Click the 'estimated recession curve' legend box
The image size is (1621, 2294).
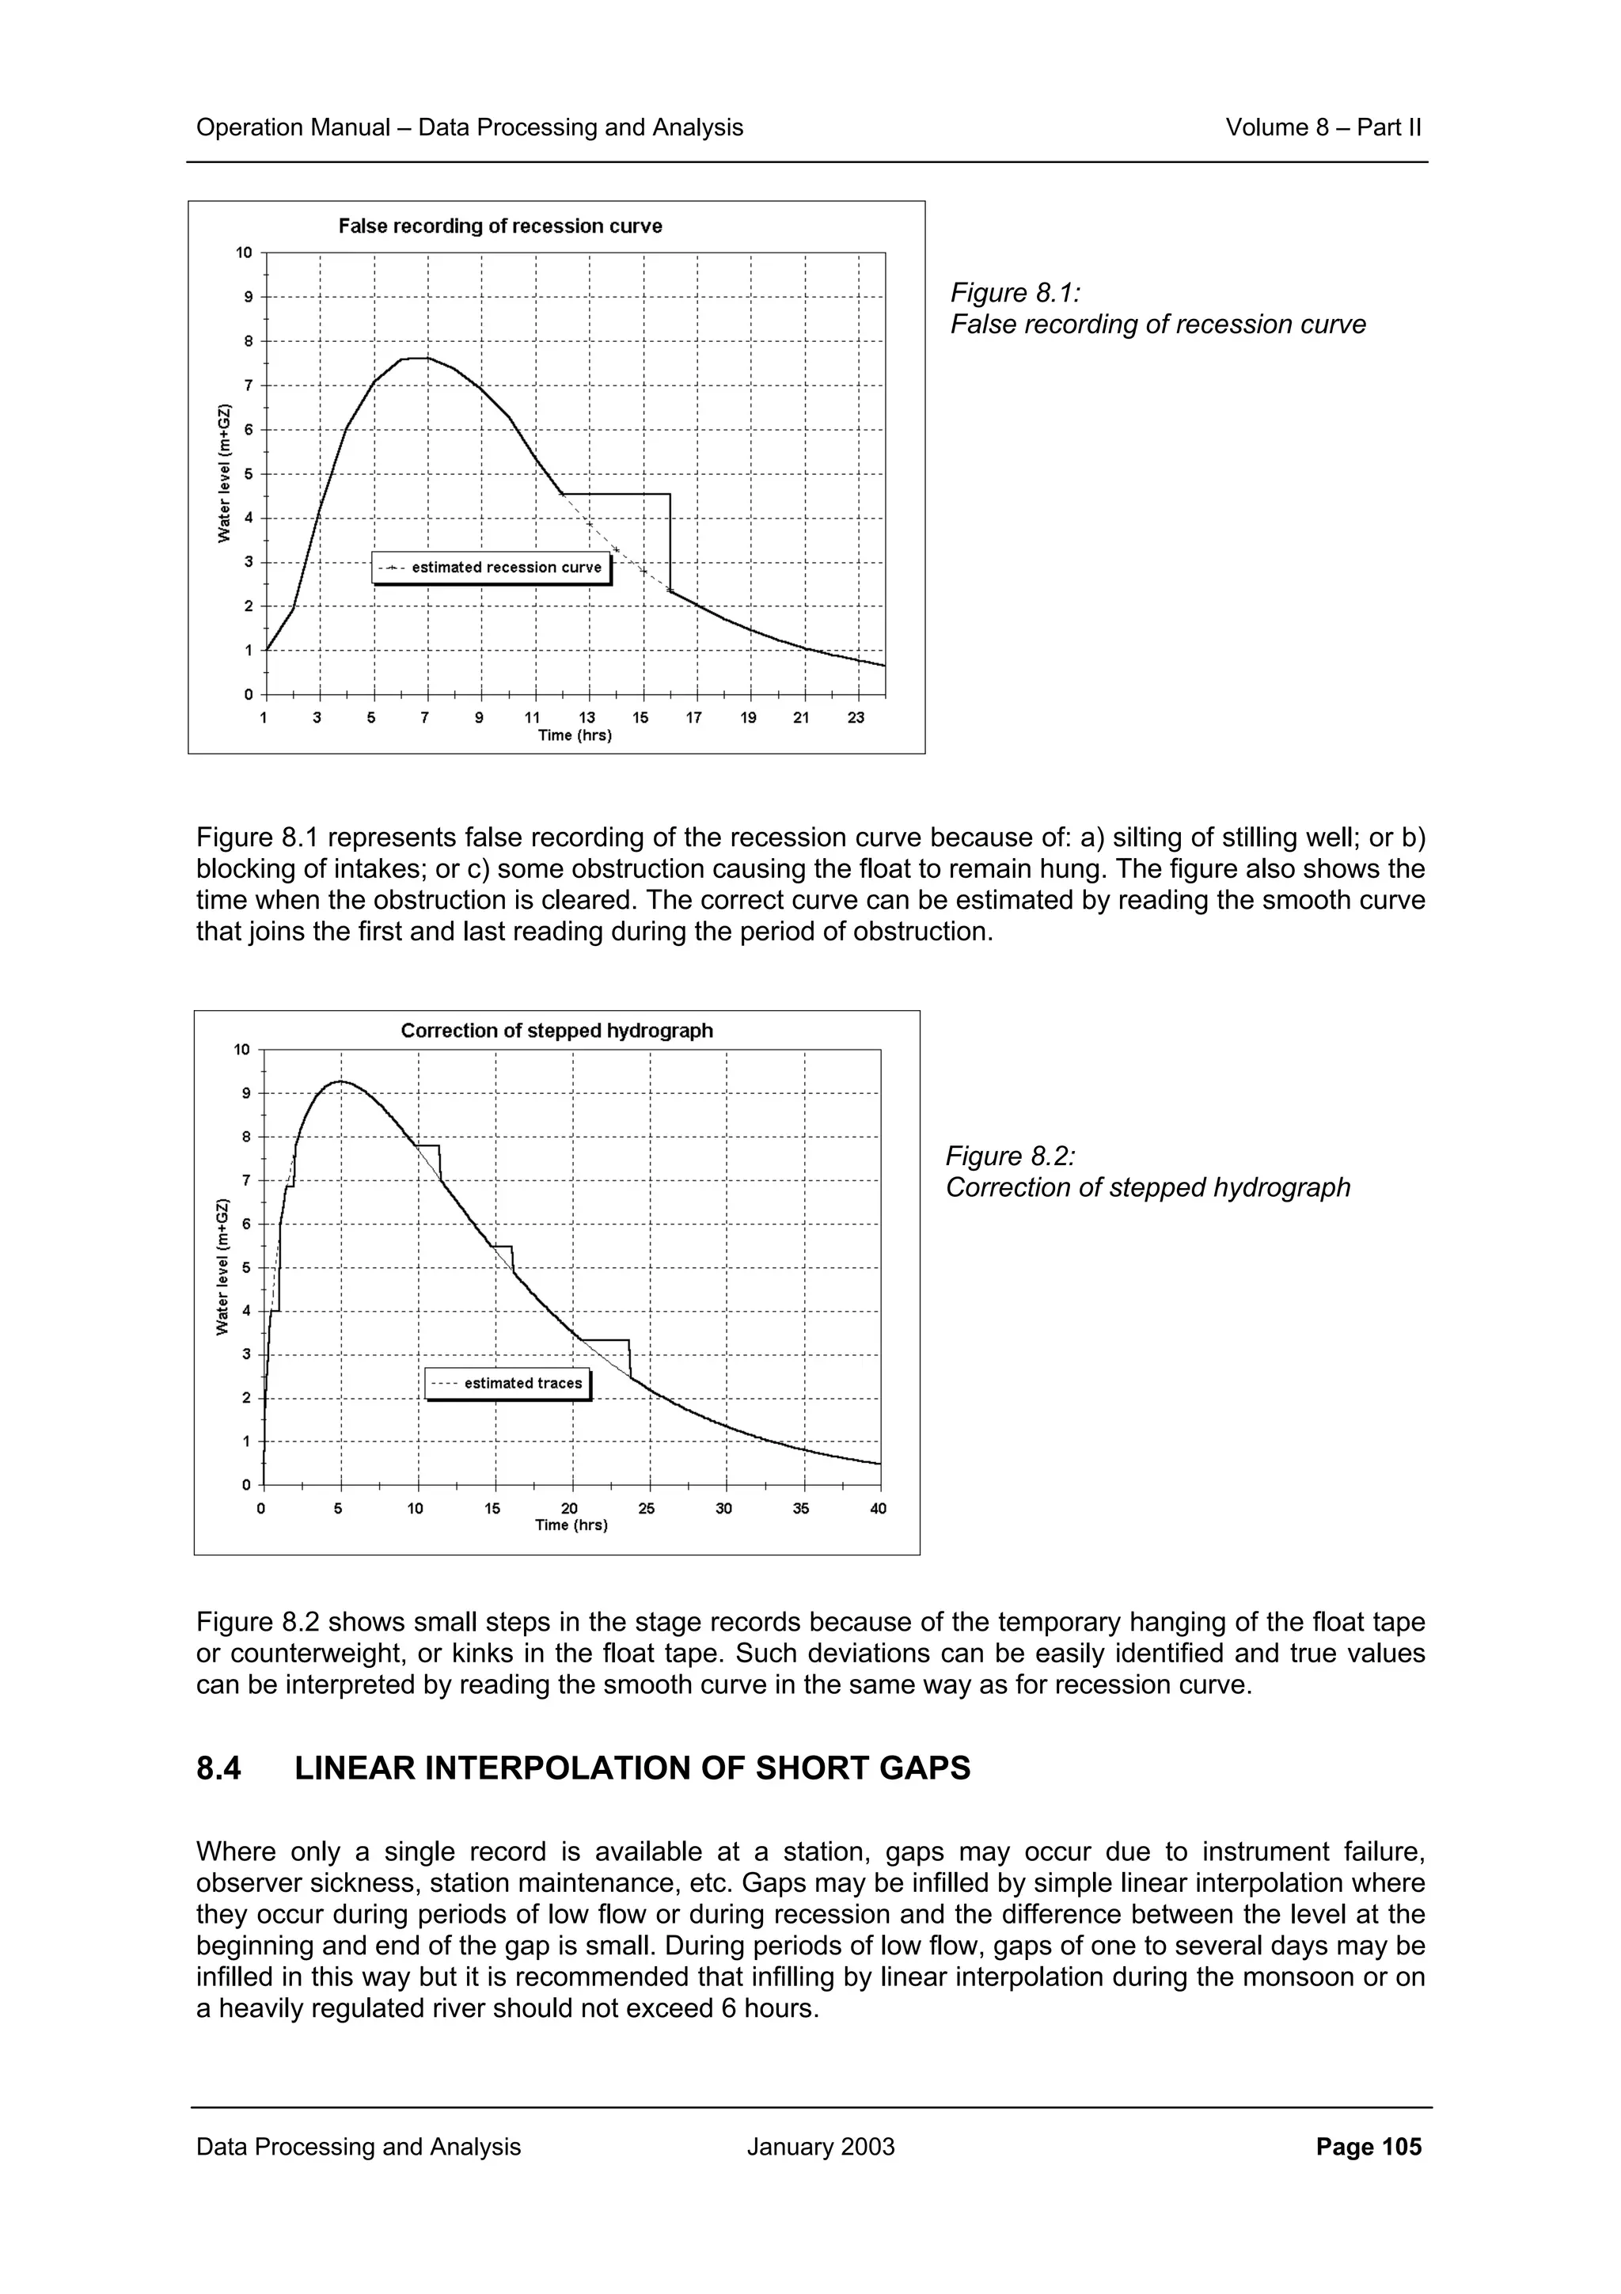[492, 568]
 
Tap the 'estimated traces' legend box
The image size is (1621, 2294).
[507, 1383]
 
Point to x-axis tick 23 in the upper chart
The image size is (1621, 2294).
[856, 717]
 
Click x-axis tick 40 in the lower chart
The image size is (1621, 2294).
[878, 1509]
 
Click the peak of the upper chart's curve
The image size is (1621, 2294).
[415, 358]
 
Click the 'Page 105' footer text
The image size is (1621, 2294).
[1369, 2147]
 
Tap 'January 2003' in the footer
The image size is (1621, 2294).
[820, 2147]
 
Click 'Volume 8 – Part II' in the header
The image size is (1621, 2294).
[1323, 128]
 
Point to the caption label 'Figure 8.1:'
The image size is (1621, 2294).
[1015, 293]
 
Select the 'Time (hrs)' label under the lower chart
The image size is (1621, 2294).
[571, 1525]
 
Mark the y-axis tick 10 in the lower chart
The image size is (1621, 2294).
[241, 1049]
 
